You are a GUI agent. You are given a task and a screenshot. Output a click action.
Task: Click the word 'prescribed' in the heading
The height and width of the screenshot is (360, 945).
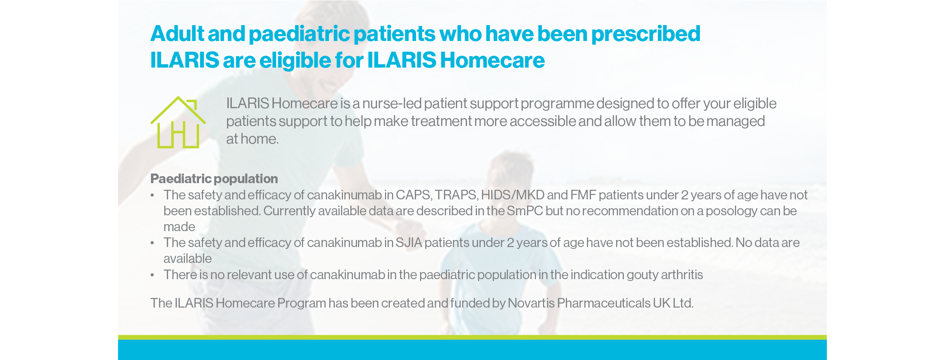[646, 34]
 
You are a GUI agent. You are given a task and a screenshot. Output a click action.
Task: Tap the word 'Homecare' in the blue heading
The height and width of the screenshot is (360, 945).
[492, 60]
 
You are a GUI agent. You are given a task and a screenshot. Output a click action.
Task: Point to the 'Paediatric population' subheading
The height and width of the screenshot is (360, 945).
[214, 179]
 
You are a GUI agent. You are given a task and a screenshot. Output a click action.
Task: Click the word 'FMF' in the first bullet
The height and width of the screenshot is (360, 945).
[583, 195]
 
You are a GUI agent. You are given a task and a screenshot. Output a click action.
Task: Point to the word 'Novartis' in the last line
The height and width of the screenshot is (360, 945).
[531, 303]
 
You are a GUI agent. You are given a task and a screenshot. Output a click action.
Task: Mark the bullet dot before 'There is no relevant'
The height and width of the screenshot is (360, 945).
[152, 275]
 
